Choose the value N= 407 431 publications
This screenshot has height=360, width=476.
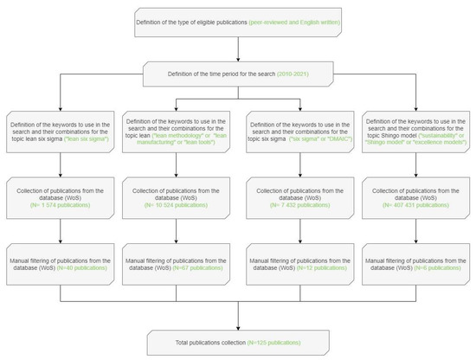point(410,203)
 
